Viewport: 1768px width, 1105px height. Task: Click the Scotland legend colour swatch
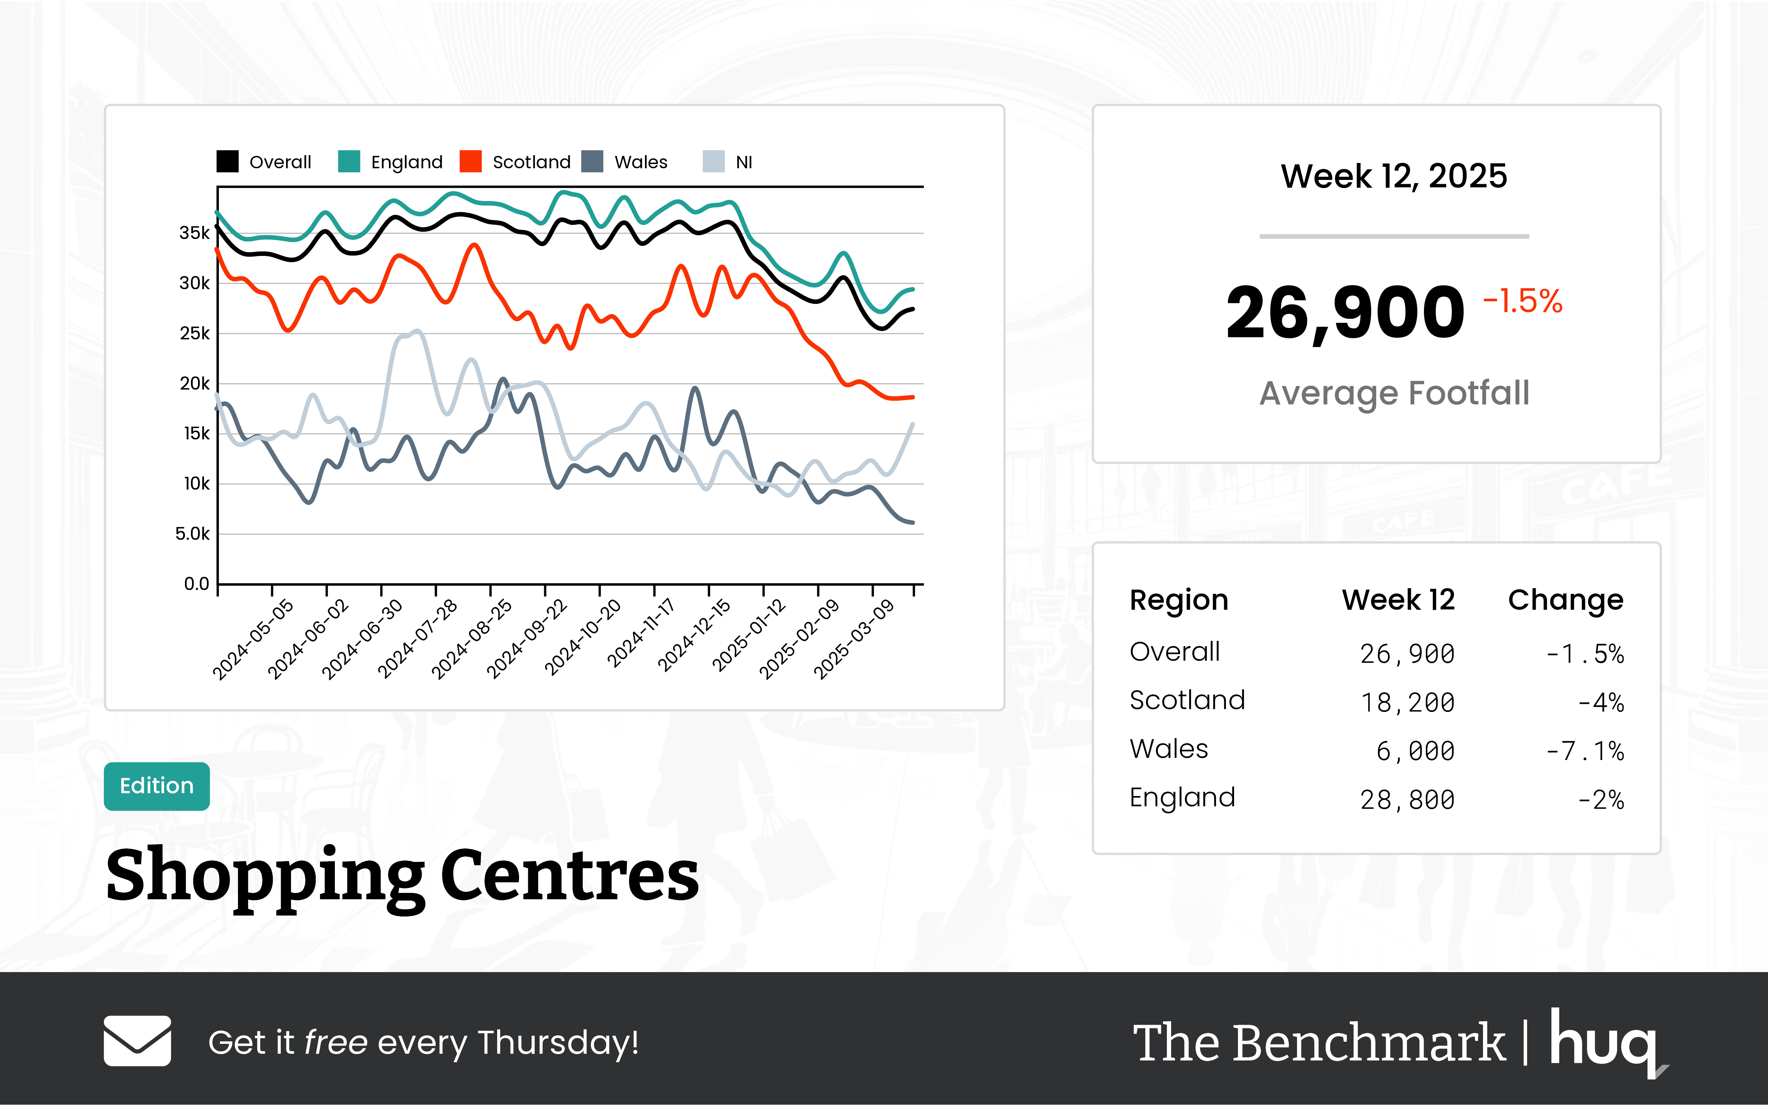tap(471, 162)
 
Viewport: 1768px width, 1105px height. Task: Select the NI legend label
tap(744, 162)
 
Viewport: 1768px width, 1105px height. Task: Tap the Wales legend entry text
tap(641, 162)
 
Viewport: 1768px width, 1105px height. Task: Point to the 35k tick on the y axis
tap(194, 233)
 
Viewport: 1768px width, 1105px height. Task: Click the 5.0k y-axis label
tap(192, 534)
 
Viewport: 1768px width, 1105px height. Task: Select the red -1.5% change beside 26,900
tap(1522, 301)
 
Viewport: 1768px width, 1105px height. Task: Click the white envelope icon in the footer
tap(138, 1041)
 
